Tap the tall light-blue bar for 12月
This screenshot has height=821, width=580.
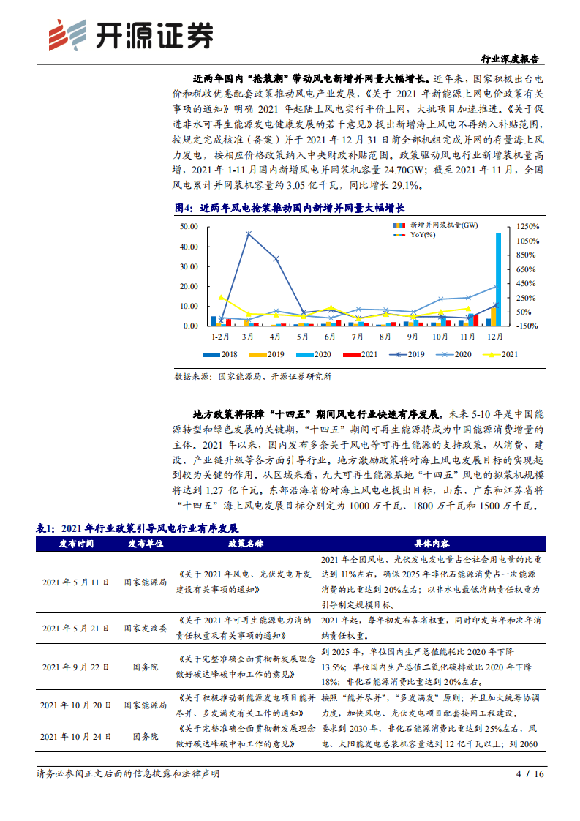pos(498,278)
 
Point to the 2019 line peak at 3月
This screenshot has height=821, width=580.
pos(249,234)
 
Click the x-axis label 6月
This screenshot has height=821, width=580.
pos(330,337)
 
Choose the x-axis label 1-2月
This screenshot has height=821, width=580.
pos(220,337)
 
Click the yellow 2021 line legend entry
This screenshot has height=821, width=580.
pos(500,354)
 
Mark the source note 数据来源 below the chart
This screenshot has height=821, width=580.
pos(252,377)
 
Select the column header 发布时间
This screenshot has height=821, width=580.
pos(75,544)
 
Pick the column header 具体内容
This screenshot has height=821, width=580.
pos(432,544)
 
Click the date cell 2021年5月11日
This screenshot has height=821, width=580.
pos(75,582)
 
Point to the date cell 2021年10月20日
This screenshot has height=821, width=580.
pos(75,705)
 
